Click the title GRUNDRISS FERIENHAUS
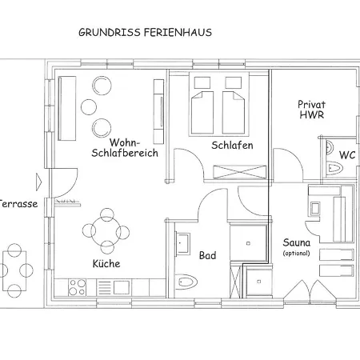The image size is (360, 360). [145, 33]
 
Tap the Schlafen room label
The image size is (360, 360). [232, 146]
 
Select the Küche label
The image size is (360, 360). [106, 263]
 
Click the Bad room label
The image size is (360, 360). [207, 255]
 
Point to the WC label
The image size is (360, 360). [347, 154]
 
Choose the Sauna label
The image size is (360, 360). [297, 242]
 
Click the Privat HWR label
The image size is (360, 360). [311, 110]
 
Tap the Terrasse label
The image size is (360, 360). [18, 204]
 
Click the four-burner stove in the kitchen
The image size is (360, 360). [77, 287]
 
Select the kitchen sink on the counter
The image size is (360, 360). [122, 287]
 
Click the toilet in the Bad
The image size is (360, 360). [186, 282]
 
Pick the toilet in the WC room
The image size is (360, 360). [334, 168]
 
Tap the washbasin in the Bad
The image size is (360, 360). [183, 243]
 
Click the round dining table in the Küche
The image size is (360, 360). [106, 231]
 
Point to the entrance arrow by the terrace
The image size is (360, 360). [39, 182]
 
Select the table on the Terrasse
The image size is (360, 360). [14, 270]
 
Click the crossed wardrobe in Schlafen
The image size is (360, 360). [240, 172]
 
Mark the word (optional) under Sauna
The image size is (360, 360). [297, 253]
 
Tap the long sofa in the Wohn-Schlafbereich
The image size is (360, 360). [67, 109]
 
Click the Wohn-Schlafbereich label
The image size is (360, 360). [125, 148]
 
